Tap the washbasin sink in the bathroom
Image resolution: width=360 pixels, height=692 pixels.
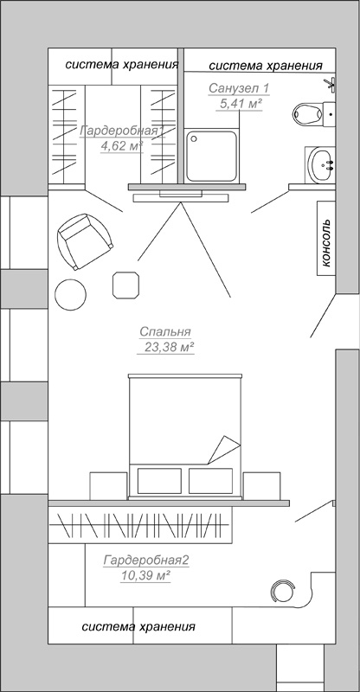(321, 164)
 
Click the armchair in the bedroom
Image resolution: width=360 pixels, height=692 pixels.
(84, 241)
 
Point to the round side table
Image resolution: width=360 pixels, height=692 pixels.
(70, 294)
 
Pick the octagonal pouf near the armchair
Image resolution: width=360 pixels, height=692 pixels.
(126, 285)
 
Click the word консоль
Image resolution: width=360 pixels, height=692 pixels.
(326, 243)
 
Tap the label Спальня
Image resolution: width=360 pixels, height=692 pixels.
(164, 331)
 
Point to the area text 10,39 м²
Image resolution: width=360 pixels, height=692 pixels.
(145, 575)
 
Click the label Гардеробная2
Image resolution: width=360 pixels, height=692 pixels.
(146, 561)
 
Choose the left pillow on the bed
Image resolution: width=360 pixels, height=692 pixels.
(159, 481)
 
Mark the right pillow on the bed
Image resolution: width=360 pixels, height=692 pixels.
(210, 481)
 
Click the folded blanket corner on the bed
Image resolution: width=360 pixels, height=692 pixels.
(224, 450)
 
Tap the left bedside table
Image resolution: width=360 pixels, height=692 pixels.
(108, 486)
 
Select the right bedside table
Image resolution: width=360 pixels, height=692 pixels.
(261, 486)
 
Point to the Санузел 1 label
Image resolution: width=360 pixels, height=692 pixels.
(239, 88)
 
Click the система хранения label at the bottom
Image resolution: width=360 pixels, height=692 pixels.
(138, 626)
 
